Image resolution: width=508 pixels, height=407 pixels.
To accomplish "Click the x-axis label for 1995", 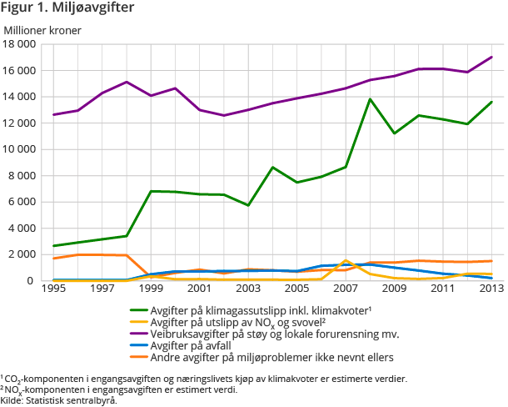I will click(x=53, y=289).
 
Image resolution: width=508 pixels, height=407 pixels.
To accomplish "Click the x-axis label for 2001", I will click(x=200, y=289).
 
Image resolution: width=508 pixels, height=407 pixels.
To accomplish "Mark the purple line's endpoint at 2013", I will click(x=491, y=58).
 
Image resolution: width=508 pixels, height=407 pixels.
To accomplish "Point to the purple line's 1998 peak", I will click(x=127, y=82).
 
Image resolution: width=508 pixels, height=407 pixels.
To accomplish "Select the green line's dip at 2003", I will click(x=248, y=205).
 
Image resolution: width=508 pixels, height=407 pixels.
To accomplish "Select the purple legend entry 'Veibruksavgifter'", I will click(x=266, y=334).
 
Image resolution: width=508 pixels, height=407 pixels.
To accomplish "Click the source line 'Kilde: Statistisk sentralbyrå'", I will click(x=58, y=399).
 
